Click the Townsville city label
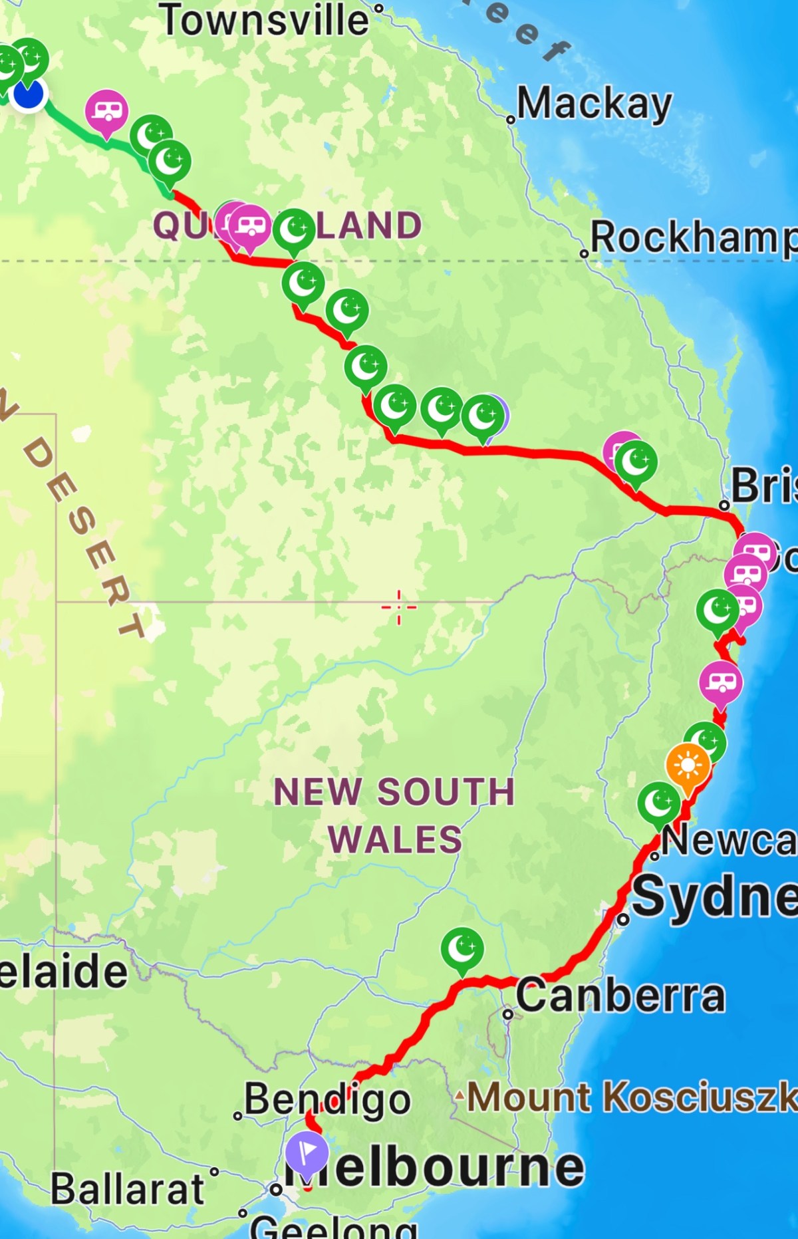click(x=265, y=20)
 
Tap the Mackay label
click(x=595, y=104)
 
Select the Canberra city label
click(x=620, y=996)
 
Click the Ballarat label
click(x=128, y=1188)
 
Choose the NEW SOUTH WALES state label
click(x=395, y=815)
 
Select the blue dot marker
click(x=28, y=94)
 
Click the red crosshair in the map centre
click(x=399, y=607)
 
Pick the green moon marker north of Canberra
click(x=462, y=948)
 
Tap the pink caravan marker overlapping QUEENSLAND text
click(x=249, y=225)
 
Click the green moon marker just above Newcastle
click(x=658, y=803)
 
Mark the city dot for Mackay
click(x=511, y=120)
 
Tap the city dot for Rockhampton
click(x=584, y=253)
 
